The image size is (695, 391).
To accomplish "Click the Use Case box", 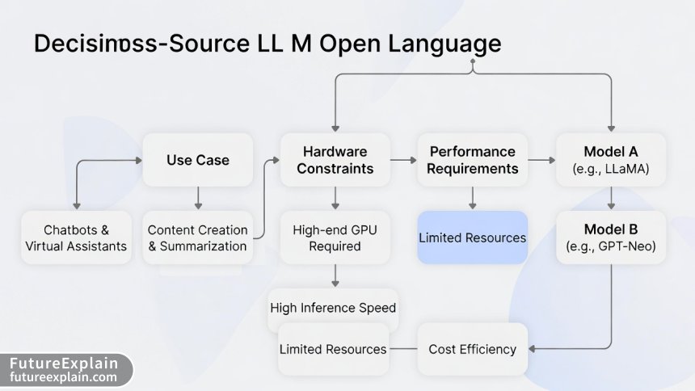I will click(x=198, y=160).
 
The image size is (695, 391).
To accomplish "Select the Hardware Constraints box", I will click(x=335, y=160).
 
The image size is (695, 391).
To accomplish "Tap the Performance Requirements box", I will click(x=472, y=160).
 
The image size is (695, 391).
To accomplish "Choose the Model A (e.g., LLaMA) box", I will click(x=610, y=160).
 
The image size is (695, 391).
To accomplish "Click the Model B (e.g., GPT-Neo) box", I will click(x=610, y=238).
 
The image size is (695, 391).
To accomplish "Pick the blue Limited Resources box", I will click(x=472, y=238).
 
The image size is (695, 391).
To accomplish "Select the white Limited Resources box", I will click(x=332, y=349).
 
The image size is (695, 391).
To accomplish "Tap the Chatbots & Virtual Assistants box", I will click(x=76, y=238).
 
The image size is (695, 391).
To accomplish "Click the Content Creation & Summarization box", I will click(x=198, y=238).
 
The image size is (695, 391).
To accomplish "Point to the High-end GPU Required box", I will click(x=335, y=238).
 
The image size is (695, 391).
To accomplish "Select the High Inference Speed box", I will click(x=333, y=308).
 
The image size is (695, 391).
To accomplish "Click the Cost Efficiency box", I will click(x=472, y=349).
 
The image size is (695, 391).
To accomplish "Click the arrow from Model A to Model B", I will click(x=610, y=199).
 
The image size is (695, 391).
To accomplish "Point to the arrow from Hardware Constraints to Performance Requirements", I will click(x=402, y=161).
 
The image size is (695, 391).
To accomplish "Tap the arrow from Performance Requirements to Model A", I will click(x=541, y=161).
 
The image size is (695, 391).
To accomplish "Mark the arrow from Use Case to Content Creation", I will click(x=198, y=199).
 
